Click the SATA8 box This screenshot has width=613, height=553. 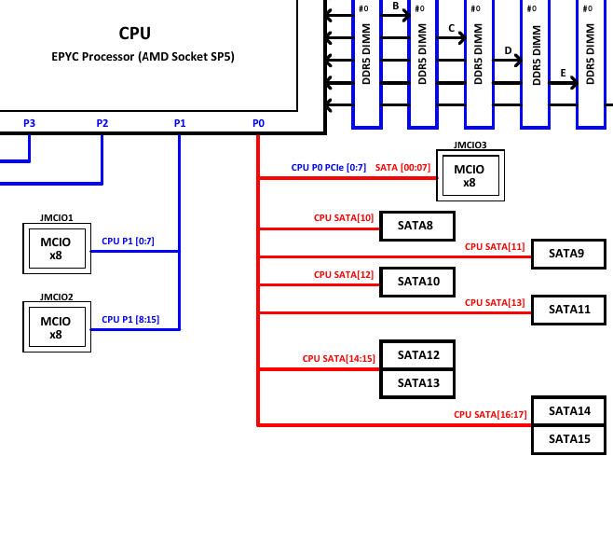click(x=416, y=226)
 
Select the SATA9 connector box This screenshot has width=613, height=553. click(x=567, y=254)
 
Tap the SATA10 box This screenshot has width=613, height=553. click(x=416, y=282)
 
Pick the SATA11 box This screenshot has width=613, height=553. click(x=567, y=310)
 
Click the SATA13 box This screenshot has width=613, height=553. click(x=416, y=383)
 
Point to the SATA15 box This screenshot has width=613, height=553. click(x=567, y=439)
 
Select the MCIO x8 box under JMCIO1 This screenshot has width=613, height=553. click(x=56, y=249)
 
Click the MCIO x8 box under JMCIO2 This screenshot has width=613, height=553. click(x=56, y=327)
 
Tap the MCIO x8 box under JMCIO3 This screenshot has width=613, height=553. click(x=470, y=175)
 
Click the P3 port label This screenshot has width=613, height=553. click(x=29, y=123)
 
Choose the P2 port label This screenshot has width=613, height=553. click(x=102, y=123)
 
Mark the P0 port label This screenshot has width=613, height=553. click(x=258, y=123)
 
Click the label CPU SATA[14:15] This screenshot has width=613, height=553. click(x=338, y=358)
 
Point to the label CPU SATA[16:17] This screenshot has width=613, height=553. click(x=490, y=414)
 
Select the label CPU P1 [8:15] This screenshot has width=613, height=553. click(x=130, y=319)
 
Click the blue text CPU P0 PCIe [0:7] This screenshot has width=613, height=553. click(x=329, y=168)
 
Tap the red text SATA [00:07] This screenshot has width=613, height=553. click(x=402, y=168)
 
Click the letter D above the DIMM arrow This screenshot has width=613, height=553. click(x=508, y=50)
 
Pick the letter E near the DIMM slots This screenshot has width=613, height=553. click(x=563, y=73)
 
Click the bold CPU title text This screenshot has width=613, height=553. click(x=134, y=34)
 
